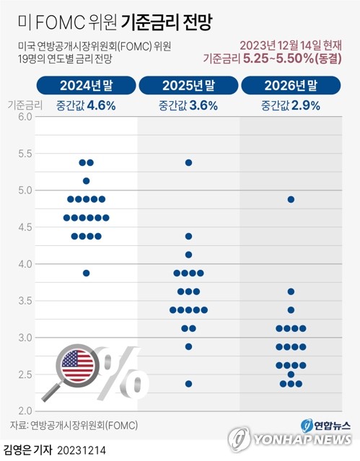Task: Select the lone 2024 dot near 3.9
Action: pos(86,273)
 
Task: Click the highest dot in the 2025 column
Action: pos(188,162)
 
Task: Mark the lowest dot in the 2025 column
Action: pos(188,384)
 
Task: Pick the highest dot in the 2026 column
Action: pos(291,199)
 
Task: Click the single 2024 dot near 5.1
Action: pos(86,181)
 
